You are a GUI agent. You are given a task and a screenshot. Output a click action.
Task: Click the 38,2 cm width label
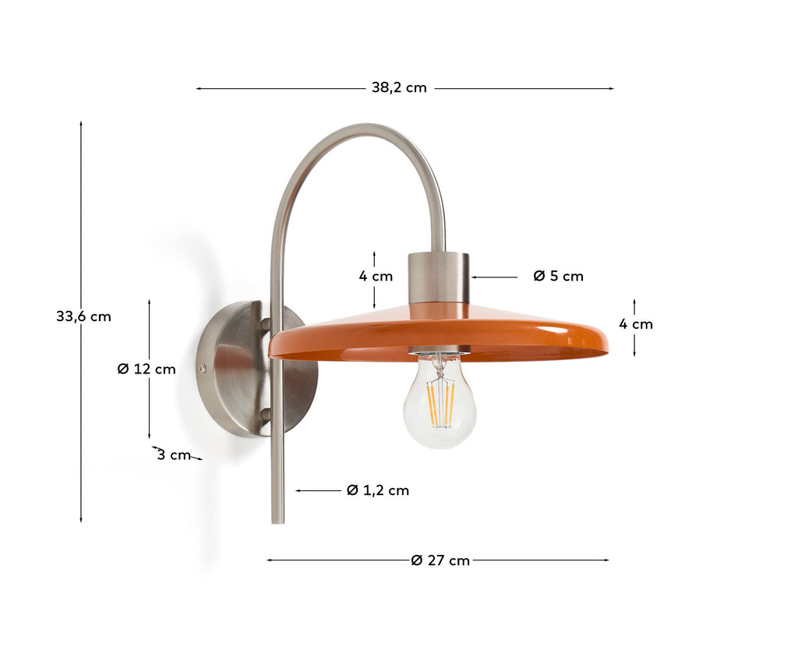pyautogui.click(x=399, y=88)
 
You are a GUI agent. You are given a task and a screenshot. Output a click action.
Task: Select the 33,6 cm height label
pyautogui.click(x=83, y=316)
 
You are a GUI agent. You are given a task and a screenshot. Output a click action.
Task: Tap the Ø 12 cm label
pyautogui.click(x=147, y=369)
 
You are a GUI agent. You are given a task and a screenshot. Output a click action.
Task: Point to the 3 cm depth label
pyautogui.click(x=173, y=455)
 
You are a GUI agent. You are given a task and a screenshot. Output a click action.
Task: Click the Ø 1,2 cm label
pyautogui.click(x=378, y=490)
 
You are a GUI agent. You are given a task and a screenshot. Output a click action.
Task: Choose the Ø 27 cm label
pyautogui.click(x=440, y=560)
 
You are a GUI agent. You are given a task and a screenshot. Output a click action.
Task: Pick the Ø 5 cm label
pyautogui.click(x=558, y=276)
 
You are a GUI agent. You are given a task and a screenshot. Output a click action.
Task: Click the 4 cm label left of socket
pyautogui.click(x=376, y=277)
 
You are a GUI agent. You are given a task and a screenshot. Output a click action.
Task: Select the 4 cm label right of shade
pyautogui.click(x=636, y=324)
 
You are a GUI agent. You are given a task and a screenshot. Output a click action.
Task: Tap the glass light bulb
pyautogui.click(x=440, y=401)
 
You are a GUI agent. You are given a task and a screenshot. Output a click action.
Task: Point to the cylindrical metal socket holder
pyautogui.click(x=439, y=277)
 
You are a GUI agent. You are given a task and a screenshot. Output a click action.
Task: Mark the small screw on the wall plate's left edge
pyautogui.click(x=203, y=369)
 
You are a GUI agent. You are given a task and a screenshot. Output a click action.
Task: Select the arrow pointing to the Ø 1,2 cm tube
pyautogui.click(x=318, y=490)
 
